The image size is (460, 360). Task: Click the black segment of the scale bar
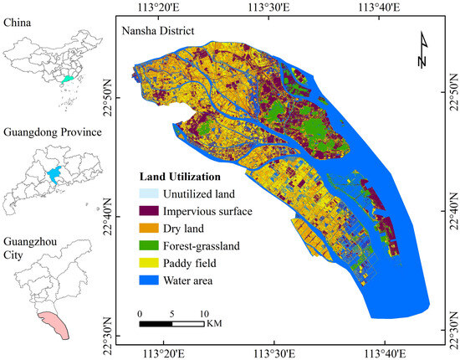156,322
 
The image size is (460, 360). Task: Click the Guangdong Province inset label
52,132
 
